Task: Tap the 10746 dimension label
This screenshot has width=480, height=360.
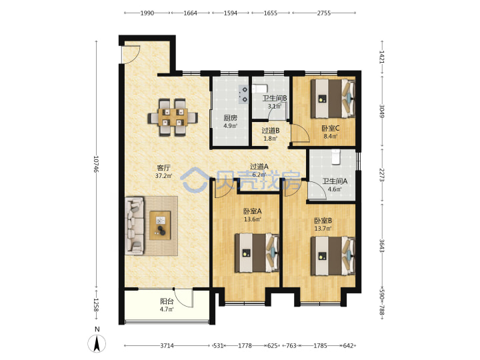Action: [96, 164]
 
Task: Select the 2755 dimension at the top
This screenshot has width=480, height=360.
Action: [323, 13]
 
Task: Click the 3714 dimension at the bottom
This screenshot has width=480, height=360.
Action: [167, 345]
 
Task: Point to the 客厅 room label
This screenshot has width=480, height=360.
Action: [163, 167]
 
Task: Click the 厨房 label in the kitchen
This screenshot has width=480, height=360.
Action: [230, 118]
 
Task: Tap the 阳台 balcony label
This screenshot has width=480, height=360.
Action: [167, 301]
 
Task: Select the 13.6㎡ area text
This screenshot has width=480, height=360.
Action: [253, 219]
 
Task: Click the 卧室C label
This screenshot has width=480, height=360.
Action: [330, 128]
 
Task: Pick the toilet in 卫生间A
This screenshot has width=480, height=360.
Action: [336, 157]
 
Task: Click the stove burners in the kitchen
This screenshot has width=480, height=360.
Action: [244, 94]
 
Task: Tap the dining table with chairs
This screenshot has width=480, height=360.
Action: [173, 117]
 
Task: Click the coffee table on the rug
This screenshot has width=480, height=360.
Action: [160, 225]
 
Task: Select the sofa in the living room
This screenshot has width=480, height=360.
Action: [135, 226]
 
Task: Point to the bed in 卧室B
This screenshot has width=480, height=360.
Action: [333, 256]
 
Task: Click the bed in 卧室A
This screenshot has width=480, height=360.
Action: [257, 253]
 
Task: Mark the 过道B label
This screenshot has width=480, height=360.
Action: [270, 131]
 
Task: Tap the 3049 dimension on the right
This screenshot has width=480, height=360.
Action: [382, 111]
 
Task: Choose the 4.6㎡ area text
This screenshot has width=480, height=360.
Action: [335, 189]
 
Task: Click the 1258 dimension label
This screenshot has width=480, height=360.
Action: [96, 305]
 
